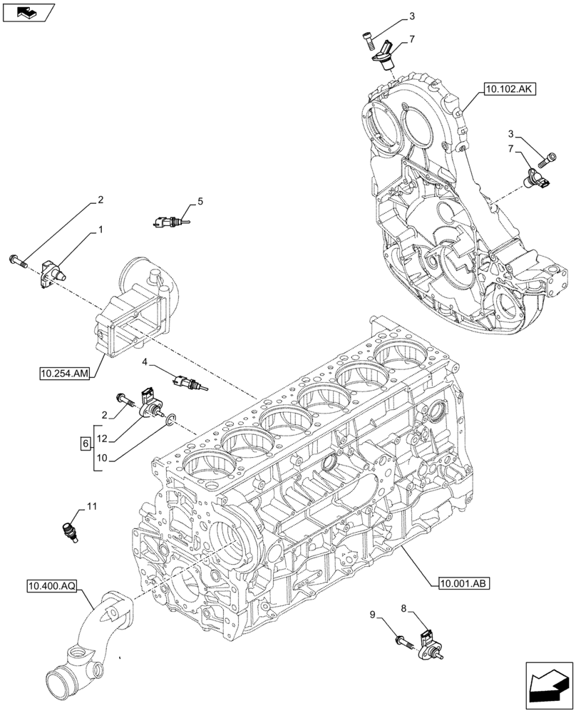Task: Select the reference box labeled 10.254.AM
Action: coord(65,373)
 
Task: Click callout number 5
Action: coord(201,202)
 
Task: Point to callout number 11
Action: coord(91,506)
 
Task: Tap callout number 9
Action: coord(372,614)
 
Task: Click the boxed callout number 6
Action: coord(86,443)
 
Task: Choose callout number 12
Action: coord(103,438)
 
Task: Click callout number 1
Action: coord(101,230)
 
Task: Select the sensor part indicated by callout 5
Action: coord(169,222)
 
